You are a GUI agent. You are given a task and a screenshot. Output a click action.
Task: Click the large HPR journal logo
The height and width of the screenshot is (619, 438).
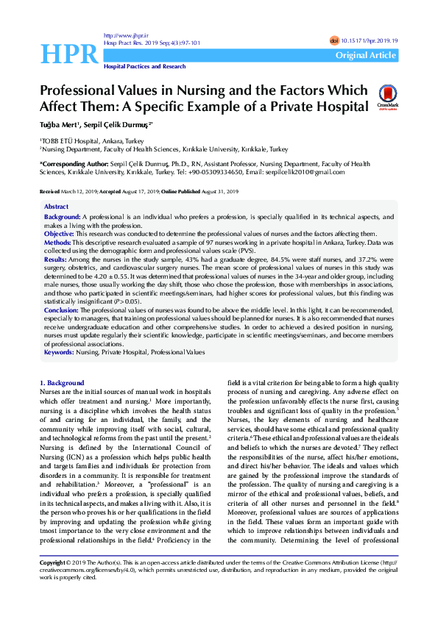click(x=69, y=53)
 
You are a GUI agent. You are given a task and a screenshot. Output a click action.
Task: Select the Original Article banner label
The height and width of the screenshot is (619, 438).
click(x=365, y=55)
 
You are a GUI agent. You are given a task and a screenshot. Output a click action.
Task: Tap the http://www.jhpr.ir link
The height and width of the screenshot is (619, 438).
click(x=121, y=35)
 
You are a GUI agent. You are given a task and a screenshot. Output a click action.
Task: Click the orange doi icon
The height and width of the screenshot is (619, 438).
click(x=335, y=41)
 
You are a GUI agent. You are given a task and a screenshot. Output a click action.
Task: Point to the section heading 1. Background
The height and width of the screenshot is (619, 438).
click(x=61, y=383)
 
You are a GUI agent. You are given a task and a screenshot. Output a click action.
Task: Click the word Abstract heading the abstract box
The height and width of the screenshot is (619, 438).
click(x=56, y=207)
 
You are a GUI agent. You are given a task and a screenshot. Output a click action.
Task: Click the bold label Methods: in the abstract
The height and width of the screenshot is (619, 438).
click(x=58, y=241)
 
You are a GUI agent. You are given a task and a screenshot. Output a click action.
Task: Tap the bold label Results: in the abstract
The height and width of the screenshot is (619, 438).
click(x=57, y=260)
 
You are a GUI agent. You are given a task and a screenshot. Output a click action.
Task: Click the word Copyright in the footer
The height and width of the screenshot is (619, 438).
click(x=54, y=583)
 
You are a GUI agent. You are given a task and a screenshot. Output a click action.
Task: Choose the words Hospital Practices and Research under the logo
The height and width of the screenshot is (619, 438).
click(x=144, y=66)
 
